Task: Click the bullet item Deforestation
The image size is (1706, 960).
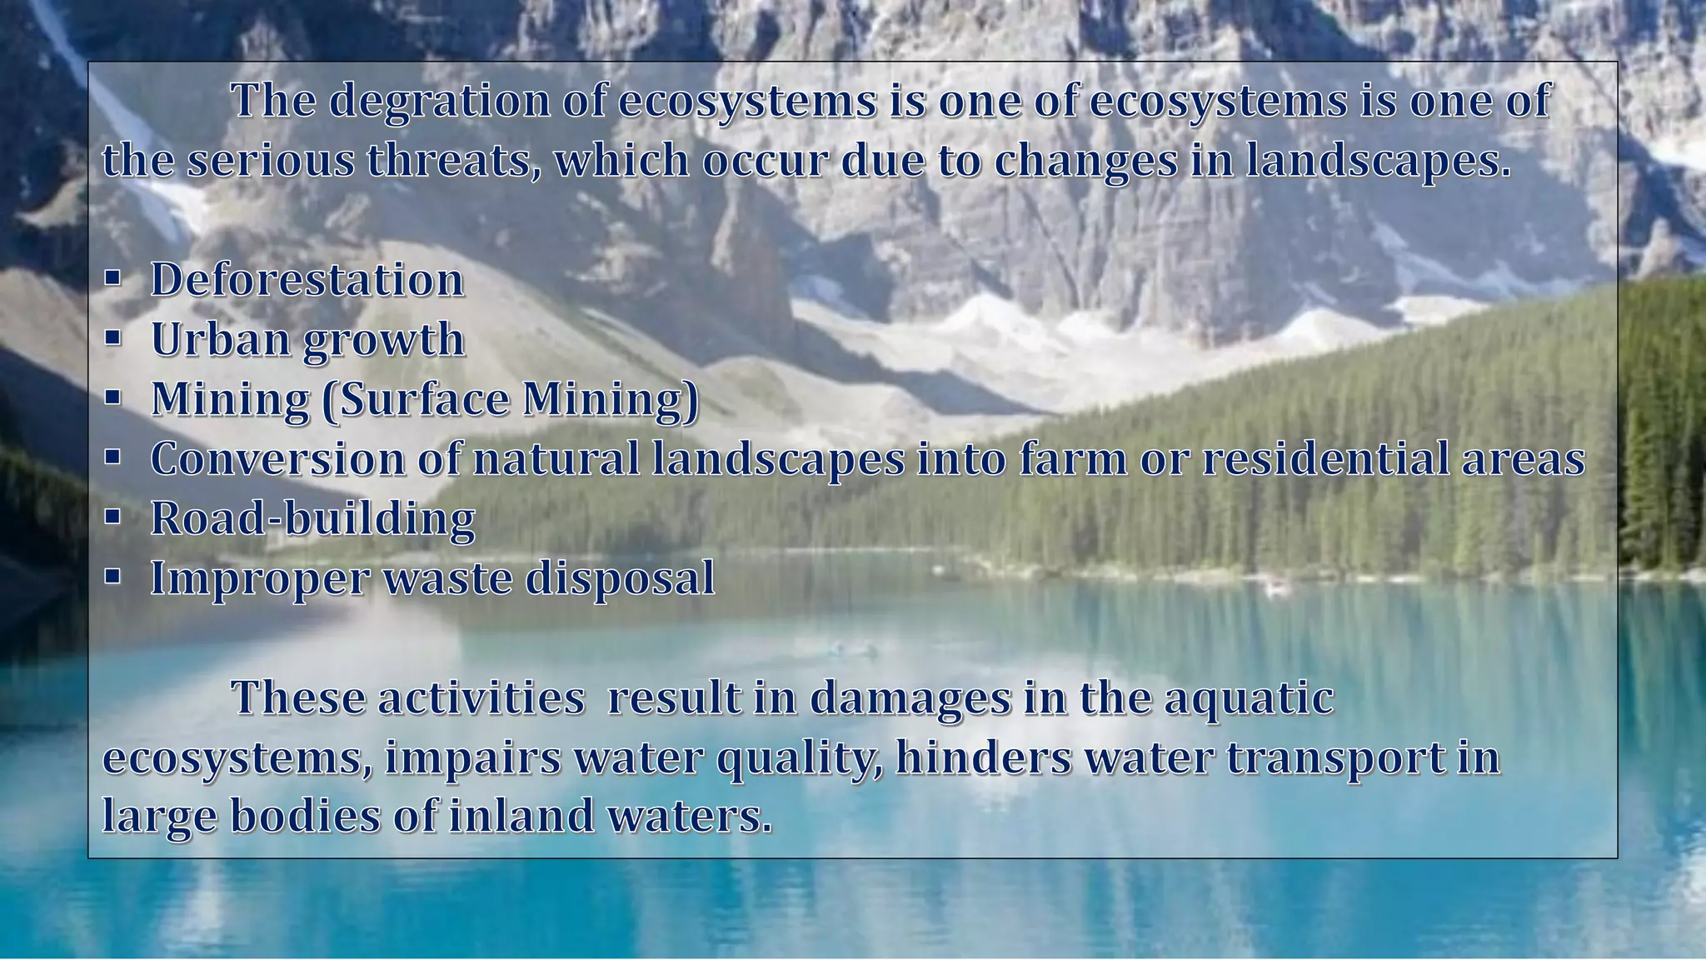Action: pyautogui.click(x=307, y=279)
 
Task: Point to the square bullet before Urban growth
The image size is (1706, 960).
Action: pyautogui.click(x=113, y=339)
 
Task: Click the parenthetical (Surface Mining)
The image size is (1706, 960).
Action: pyautogui.click(x=511, y=399)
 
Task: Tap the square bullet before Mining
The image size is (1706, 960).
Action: pyautogui.click(x=113, y=399)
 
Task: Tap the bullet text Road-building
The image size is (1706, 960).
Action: pyautogui.click(x=312, y=519)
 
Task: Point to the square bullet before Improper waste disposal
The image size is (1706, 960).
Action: pyautogui.click(x=113, y=578)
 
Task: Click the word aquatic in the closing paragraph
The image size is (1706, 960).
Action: pyautogui.click(x=1249, y=698)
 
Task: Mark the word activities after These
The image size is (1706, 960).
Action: pyautogui.click(x=481, y=698)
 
